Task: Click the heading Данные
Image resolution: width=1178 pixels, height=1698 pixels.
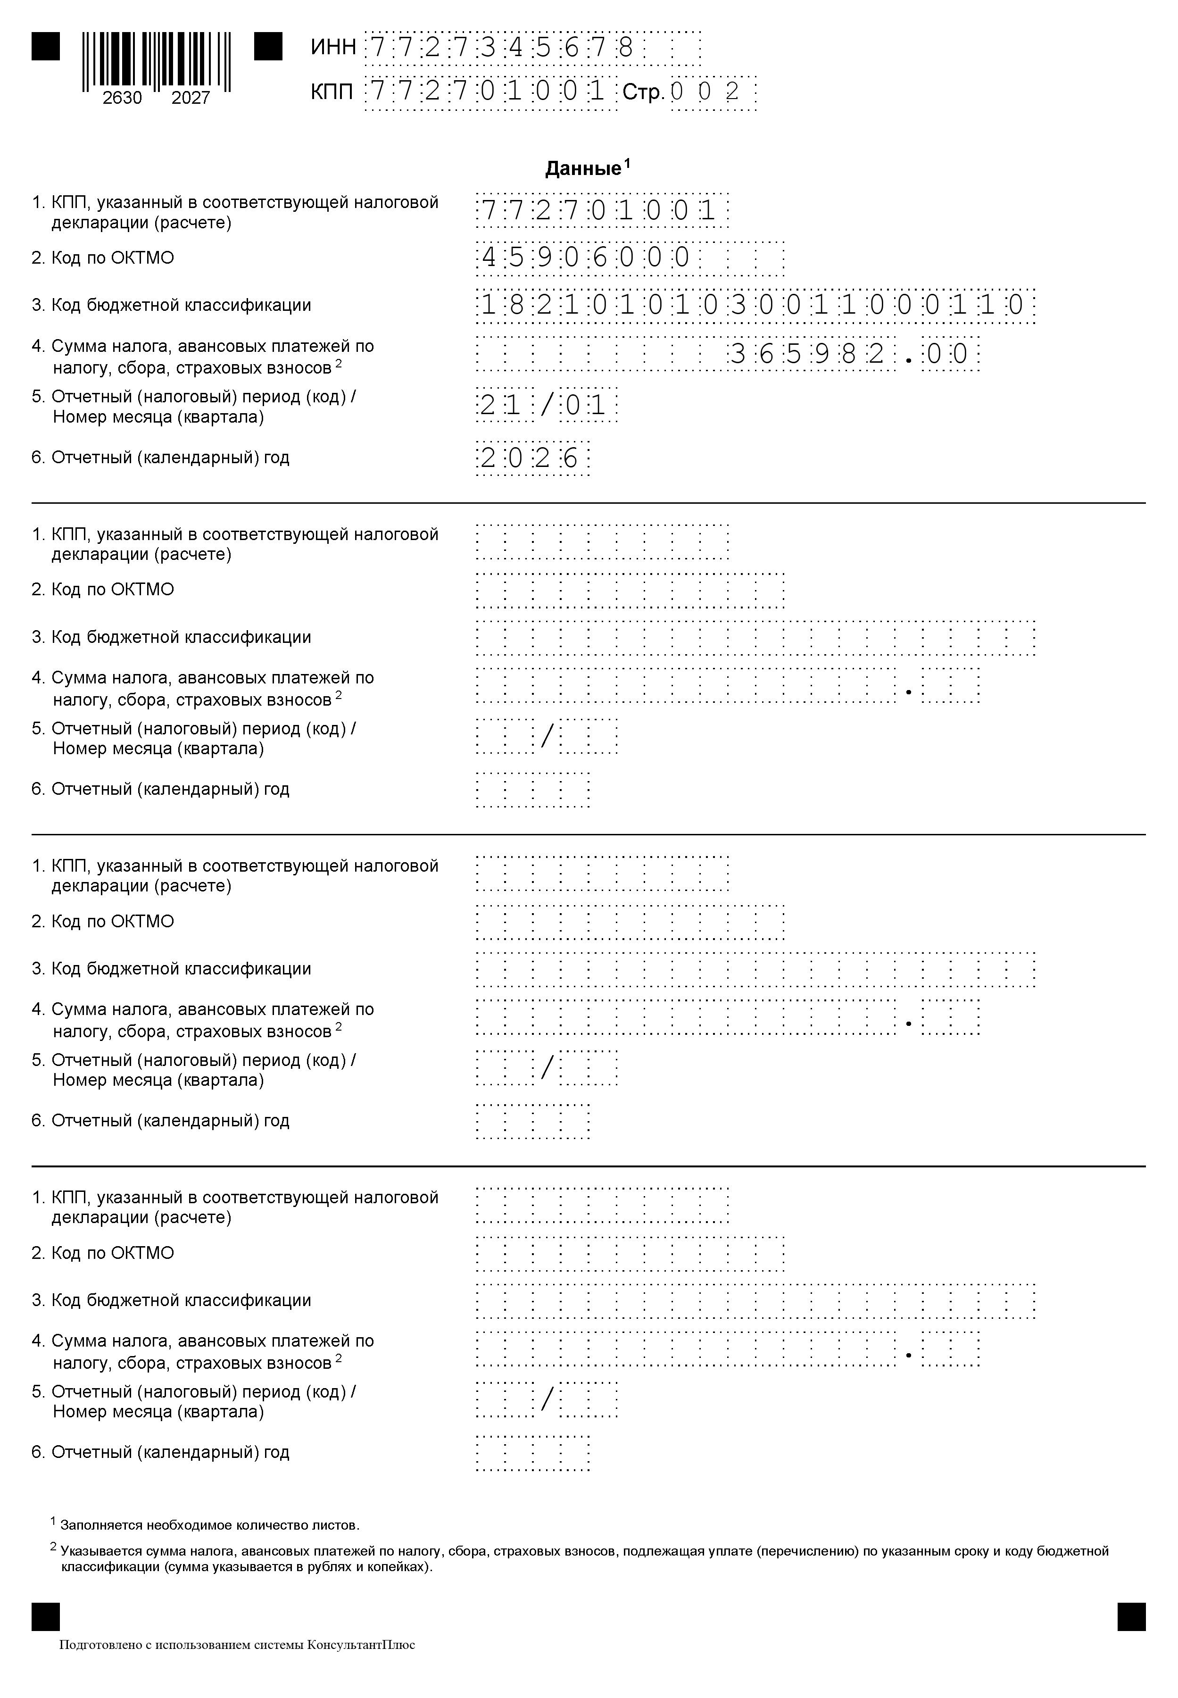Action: pyautogui.click(x=583, y=169)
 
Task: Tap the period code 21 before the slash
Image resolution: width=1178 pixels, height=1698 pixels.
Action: pyautogui.click(x=501, y=405)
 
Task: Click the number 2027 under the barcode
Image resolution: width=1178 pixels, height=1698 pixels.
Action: pyautogui.click(x=191, y=98)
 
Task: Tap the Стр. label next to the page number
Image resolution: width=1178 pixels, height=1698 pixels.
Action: pyautogui.click(x=644, y=93)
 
